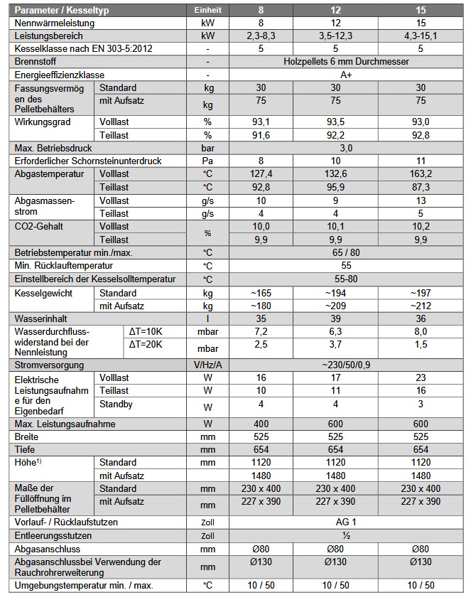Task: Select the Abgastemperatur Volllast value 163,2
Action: click(422, 173)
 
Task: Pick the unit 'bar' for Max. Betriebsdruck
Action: click(207, 148)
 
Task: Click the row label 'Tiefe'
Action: click(27, 450)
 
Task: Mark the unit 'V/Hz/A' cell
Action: click(207, 365)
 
